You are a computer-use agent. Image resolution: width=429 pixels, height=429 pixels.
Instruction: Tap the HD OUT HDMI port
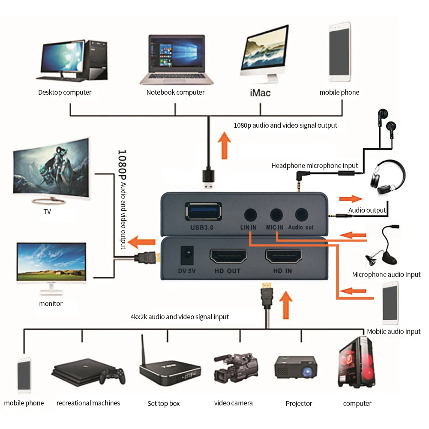228,257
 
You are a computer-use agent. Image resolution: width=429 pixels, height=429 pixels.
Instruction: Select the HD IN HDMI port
283,257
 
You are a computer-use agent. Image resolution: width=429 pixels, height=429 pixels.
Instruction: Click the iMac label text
260,92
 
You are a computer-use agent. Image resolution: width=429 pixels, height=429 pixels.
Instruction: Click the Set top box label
163,403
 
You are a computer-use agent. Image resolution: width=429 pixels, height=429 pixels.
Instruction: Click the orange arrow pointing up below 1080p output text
223,145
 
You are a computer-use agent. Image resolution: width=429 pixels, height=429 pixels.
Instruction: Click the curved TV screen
51,169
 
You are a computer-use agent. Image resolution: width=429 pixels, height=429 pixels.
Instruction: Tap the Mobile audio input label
393,331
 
